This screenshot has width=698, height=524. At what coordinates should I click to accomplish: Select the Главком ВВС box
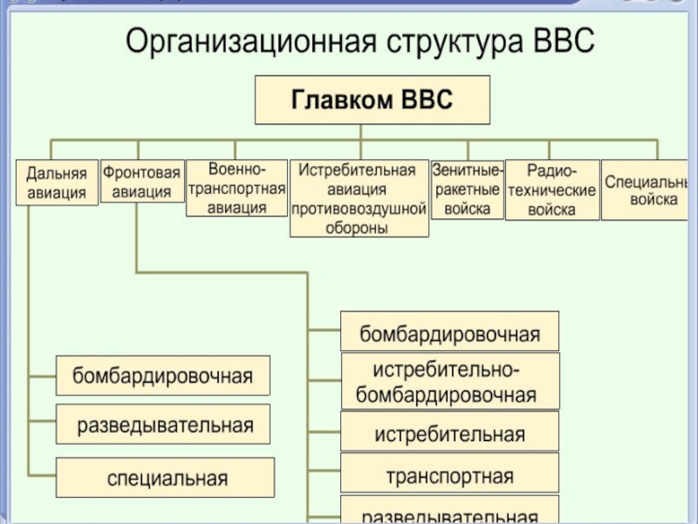click(372, 100)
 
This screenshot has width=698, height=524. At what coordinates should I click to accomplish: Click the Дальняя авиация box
click(57, 183)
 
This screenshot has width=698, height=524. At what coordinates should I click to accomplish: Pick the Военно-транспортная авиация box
click(236, 188)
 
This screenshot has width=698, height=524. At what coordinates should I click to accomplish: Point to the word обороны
click(359, 228)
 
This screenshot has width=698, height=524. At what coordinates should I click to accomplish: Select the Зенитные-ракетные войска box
click(468, 190)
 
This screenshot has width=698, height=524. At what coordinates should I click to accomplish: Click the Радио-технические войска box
click(552, 190)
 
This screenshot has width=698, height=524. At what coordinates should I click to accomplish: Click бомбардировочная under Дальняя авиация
click(163, 376)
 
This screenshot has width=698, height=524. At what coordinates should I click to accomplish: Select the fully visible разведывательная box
click(163, 425)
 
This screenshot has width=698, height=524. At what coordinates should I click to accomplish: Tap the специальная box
click(166, 478)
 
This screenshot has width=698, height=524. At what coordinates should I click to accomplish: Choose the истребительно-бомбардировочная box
click(449, 381)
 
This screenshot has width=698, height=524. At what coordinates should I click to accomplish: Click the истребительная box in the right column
click(449, 433)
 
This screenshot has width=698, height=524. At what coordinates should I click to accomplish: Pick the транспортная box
click(449, 476)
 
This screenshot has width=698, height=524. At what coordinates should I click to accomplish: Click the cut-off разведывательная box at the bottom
click(449, 513)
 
